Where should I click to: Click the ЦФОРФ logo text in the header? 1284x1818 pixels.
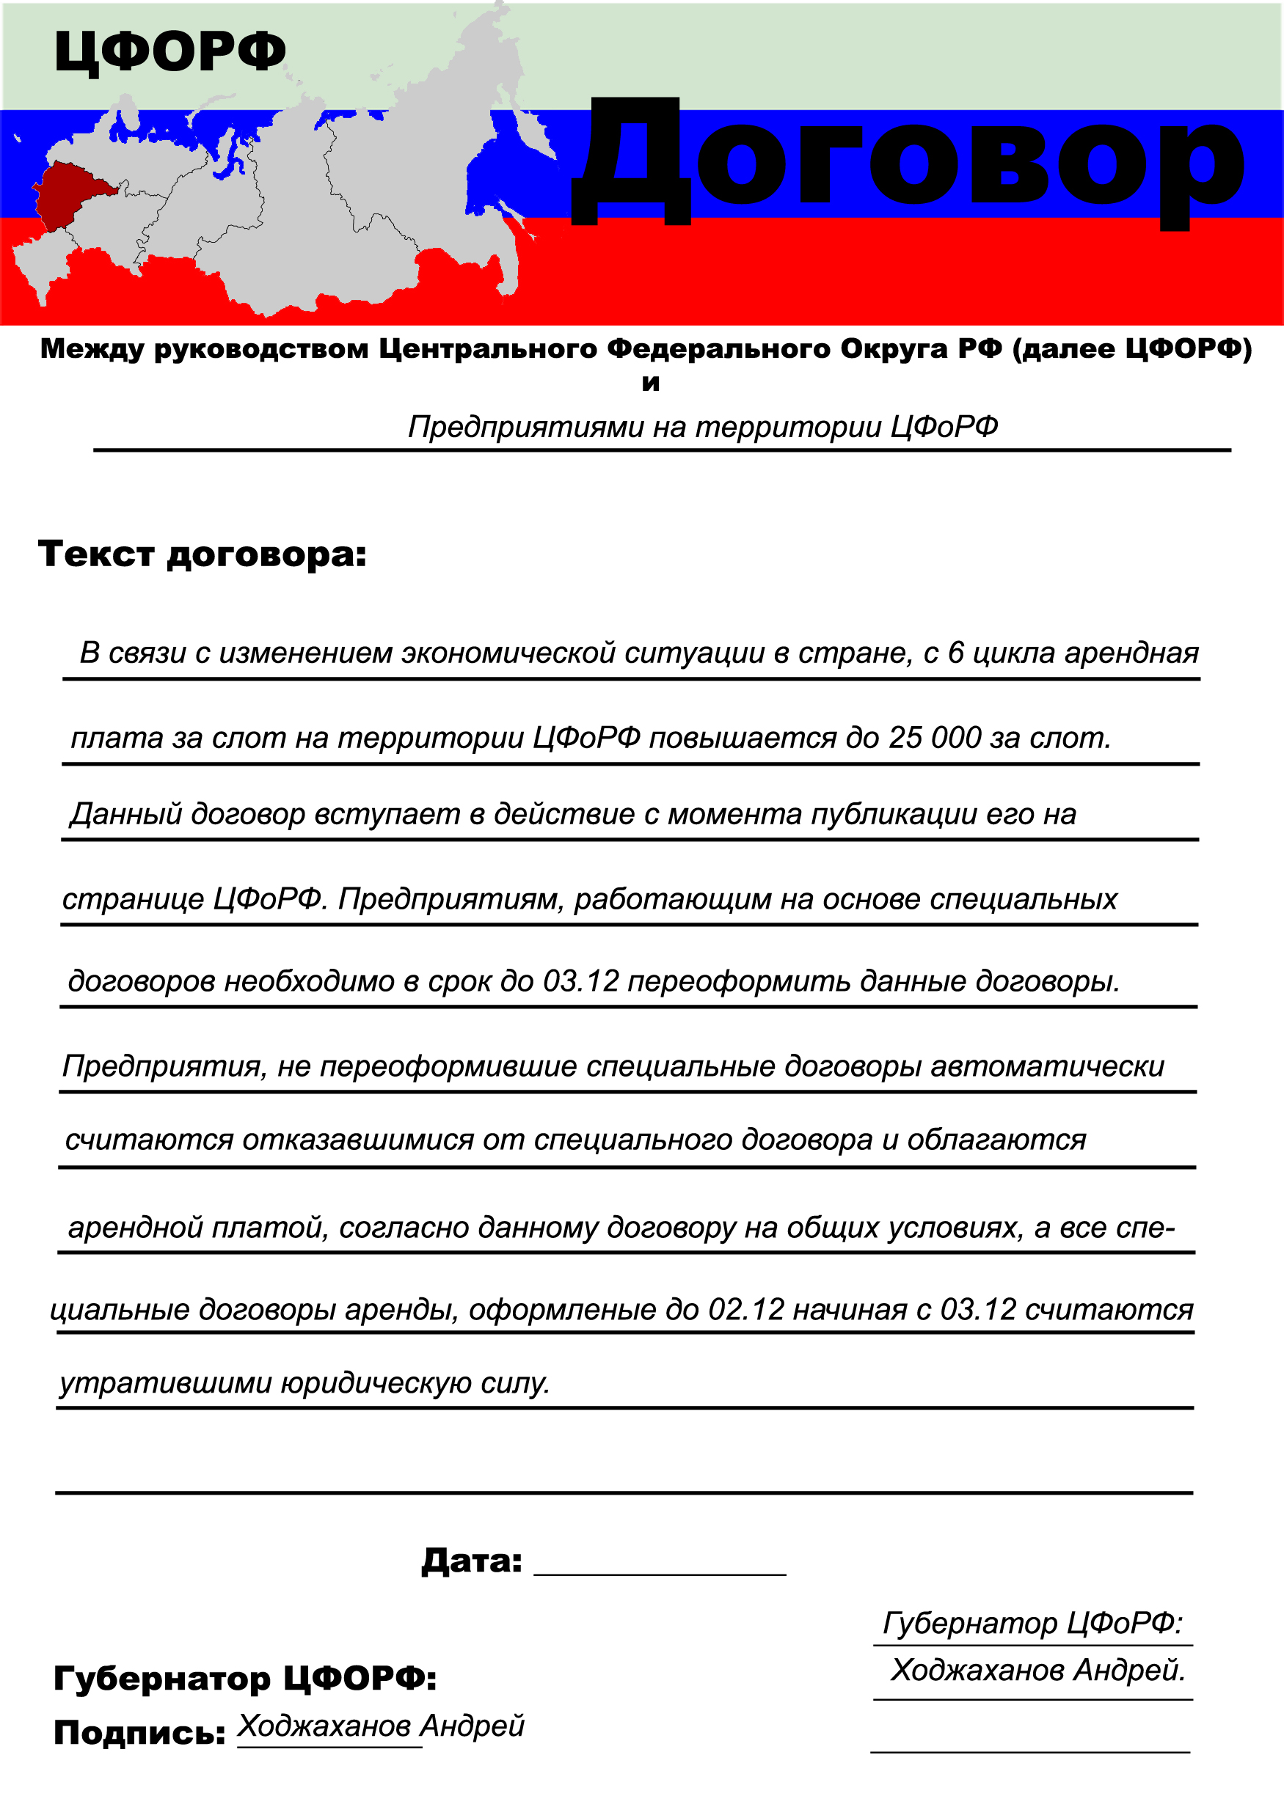(169, 52)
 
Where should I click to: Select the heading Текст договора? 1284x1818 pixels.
(203, 554)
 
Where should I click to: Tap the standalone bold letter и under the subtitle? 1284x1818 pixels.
(650, 384)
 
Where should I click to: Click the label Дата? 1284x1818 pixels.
(471, 1561)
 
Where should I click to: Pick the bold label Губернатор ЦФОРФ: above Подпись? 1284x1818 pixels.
(245, 1678)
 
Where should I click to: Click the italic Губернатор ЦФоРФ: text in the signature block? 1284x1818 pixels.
(1032, 1622)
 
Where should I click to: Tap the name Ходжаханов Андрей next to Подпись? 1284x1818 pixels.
(381, 1726)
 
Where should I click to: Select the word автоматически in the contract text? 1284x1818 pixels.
(1046, 1066)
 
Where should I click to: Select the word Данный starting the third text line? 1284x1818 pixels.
(126, 814)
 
